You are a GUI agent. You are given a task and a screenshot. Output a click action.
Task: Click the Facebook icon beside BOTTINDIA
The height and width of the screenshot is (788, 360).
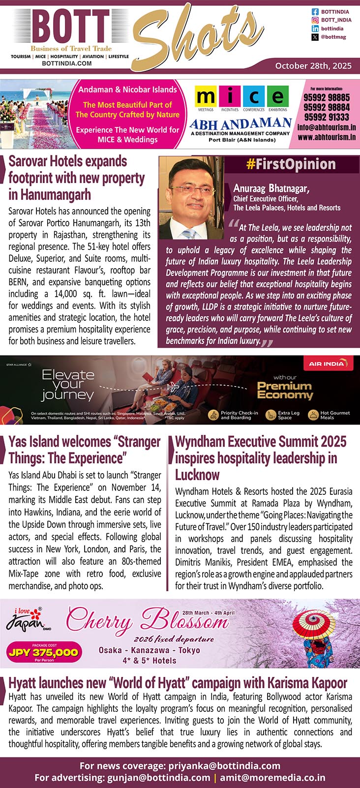315,11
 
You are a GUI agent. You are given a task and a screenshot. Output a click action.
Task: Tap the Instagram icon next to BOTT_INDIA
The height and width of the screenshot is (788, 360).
315,20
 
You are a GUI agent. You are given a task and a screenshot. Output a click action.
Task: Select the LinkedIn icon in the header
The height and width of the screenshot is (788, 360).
315,29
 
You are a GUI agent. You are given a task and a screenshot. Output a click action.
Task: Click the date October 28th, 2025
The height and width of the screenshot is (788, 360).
313,65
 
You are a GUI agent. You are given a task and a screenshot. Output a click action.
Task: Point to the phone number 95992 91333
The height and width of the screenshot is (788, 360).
327,117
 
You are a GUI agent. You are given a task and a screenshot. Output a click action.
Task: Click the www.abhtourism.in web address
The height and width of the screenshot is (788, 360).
327,137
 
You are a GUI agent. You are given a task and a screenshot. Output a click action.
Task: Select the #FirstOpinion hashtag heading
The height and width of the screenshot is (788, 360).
291,164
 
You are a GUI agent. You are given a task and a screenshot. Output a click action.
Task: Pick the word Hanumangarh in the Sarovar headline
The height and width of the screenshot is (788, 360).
50,195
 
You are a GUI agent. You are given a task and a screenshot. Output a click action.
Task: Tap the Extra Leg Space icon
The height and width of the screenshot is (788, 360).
270,415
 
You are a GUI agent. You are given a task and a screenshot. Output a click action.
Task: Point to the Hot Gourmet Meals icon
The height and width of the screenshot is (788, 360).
313,415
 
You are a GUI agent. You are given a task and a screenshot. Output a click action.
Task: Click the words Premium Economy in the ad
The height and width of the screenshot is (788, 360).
285,390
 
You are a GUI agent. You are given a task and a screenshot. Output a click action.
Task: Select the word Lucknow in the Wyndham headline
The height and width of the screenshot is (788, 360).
197,475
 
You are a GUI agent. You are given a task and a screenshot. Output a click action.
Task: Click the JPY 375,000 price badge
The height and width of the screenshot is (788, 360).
43,653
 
